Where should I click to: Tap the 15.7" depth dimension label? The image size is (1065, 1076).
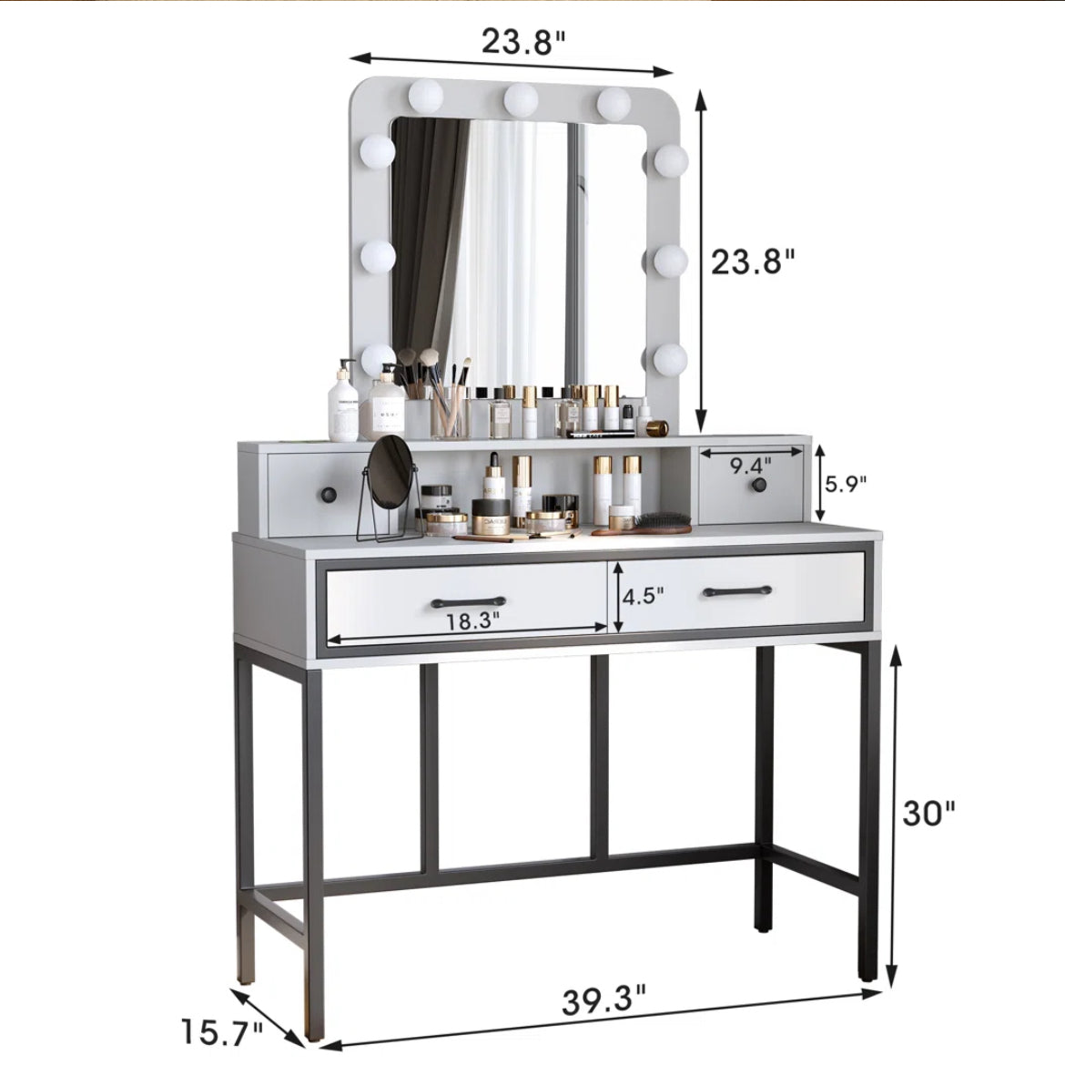(221, 1032)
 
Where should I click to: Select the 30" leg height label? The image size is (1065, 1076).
(928, 814)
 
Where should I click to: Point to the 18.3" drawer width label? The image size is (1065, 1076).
(472, 621)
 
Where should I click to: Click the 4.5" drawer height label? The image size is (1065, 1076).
(643, 596)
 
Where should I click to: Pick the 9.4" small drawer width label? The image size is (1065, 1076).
(750, 466)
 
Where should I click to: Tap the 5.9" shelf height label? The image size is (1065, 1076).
(845, 484)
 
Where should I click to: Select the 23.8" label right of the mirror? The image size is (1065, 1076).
(752, 261)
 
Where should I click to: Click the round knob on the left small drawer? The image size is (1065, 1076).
(330, 494)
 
